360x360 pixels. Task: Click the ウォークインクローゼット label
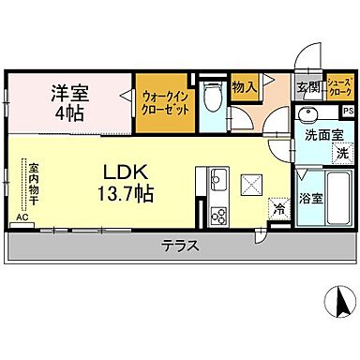[x=166, y=101]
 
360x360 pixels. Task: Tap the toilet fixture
[x=211, y=99]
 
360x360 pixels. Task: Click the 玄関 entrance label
[x=307, y=88]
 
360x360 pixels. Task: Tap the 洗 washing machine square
[x=342, y=152]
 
